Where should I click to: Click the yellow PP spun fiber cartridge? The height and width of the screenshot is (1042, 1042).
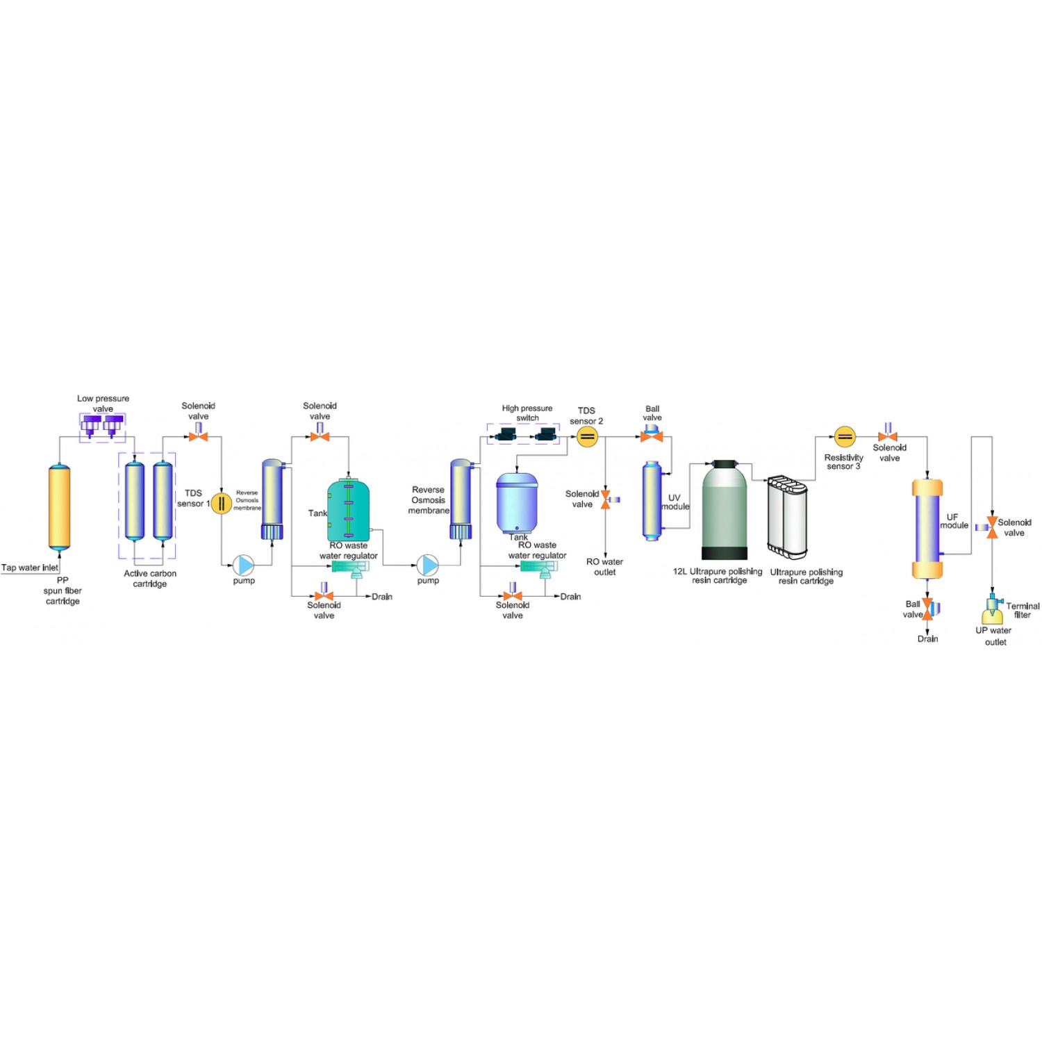pyautogui.click(x=59, y=507)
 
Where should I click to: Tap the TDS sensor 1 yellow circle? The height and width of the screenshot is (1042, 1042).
pyautogui.click(x=221, y=503)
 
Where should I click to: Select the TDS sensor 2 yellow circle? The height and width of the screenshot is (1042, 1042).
pyautogui.click(x=587, y=436)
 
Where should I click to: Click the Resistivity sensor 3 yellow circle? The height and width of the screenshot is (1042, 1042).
pyautogui.click(x=844, y=436)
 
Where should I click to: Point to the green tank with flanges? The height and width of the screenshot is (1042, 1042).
pyautogui.click(x=348, y=511)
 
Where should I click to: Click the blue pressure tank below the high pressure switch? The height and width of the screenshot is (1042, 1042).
pyautogui.click(x=517, y=504)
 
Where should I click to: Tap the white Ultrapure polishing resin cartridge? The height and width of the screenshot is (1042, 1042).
pyautogui.click(x=788, y=516)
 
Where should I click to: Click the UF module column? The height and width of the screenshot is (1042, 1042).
pyautogui.click(x=927, y=528)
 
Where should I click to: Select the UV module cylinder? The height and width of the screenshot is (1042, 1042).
pyautogui.click(x=652, y=500)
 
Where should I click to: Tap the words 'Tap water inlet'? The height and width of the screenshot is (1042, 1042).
pyautogui.click(x=30, y=568)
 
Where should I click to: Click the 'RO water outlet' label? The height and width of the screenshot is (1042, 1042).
pyautogui.click(x=604, y=567)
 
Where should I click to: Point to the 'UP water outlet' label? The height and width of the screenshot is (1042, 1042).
pyautogui.click(x=994, y=636)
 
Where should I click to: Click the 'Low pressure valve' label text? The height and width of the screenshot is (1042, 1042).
pyautogui.click(x=103, y=404)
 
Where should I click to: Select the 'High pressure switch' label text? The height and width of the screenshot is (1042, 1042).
pyautogui.click(x=527, y=413)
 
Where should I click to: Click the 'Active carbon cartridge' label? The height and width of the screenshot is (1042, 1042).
pyautogui.click(x=150, y=578)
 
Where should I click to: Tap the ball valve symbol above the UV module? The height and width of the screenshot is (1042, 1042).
pyautogui.click(x=652, y=436)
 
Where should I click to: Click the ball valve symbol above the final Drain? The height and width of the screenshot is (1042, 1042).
pyautogui.click(x=928, y=609)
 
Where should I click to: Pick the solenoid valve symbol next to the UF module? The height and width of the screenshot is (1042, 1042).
pyautogui.click(x=991, y=527)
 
